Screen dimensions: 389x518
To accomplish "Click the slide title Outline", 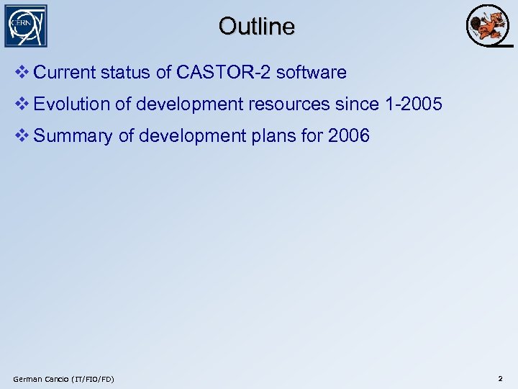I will point(257,27).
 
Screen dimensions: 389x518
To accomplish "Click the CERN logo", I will point(25,26).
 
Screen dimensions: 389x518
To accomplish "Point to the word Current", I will point(64,73).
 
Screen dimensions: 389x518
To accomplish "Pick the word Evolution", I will point(72,104).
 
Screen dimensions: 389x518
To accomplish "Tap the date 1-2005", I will point(414,104).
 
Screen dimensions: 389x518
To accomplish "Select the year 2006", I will point(348,135).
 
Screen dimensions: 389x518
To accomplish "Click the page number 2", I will point(500,378).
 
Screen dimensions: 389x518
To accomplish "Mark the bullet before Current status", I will point(22,73).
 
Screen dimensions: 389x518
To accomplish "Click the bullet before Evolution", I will point(22,104).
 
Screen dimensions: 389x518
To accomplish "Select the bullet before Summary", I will point(22,135).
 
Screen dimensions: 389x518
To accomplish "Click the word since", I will point(358,104).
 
